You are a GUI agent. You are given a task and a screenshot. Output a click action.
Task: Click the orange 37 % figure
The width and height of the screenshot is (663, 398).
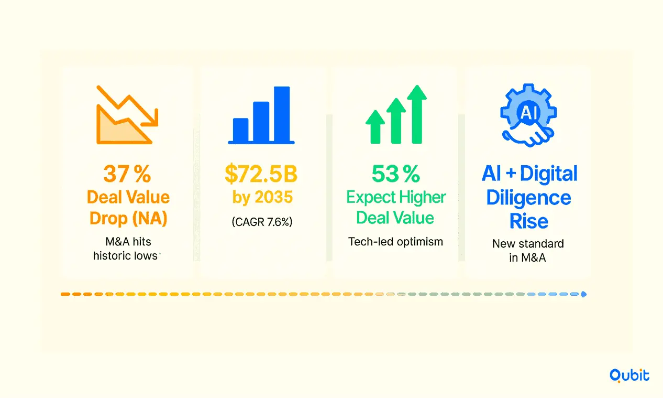click(127, 174)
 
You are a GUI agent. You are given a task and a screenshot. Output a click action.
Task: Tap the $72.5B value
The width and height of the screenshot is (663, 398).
click(261, 174)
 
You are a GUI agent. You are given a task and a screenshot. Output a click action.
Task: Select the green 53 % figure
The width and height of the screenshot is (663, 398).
click(396, 174)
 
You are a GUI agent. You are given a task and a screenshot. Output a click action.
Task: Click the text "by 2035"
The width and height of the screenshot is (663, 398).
click(262, 197)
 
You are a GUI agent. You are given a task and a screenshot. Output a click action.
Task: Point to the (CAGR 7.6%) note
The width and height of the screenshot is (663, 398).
click(262, 222)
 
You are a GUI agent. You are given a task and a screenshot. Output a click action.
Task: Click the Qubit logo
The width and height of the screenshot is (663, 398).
click(629, 375)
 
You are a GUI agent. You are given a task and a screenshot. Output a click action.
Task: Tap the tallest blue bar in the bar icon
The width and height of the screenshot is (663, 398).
click(282, 114)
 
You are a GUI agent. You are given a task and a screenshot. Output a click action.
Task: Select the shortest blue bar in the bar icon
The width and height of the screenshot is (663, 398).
click(240, 130)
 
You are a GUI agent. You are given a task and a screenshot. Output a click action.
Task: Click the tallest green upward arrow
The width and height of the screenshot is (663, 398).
click(417, 114)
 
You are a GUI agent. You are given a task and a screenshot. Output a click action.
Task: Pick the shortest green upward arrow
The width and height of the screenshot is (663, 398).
click(375, 127)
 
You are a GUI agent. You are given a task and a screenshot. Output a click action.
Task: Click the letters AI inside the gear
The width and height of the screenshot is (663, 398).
click(529, 113)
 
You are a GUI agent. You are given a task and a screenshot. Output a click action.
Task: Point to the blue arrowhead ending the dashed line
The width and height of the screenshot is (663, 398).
click(584, 294)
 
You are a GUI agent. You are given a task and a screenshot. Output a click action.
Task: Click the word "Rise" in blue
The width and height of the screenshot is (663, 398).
click(528, 221)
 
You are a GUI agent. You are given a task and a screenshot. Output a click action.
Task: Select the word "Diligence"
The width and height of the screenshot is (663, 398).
click(528, 198)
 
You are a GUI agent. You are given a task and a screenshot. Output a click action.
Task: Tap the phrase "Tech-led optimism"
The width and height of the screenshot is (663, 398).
click(395, 242)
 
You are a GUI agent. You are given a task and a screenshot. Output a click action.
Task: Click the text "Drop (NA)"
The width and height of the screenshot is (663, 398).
click(128, 219)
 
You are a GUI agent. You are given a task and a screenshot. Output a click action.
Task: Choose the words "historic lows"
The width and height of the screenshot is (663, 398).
click(126, 256)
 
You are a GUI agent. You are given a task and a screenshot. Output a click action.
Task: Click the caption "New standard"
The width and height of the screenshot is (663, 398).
click(528, 244)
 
